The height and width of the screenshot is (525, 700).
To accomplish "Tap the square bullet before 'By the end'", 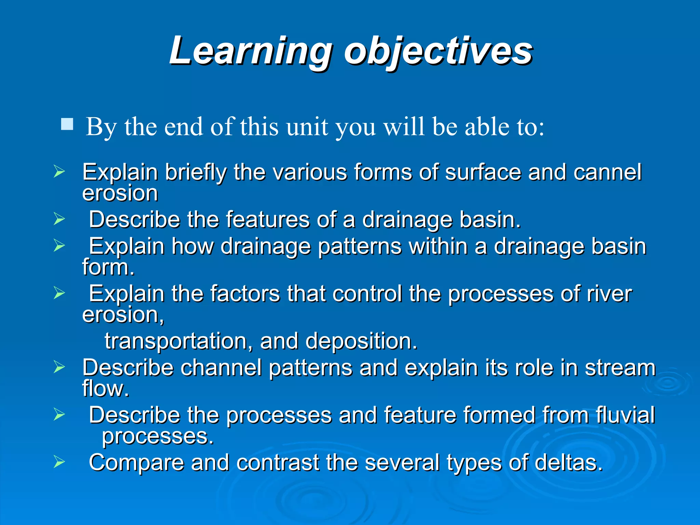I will [67, 124].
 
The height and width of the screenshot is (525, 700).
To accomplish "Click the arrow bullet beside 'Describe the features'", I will [59, 219].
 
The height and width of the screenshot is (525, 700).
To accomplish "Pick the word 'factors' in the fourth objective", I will [245, 294].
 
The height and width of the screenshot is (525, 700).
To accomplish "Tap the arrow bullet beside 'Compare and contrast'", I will [59, 462].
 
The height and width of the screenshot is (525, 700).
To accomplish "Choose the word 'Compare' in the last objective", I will [136, 463].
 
